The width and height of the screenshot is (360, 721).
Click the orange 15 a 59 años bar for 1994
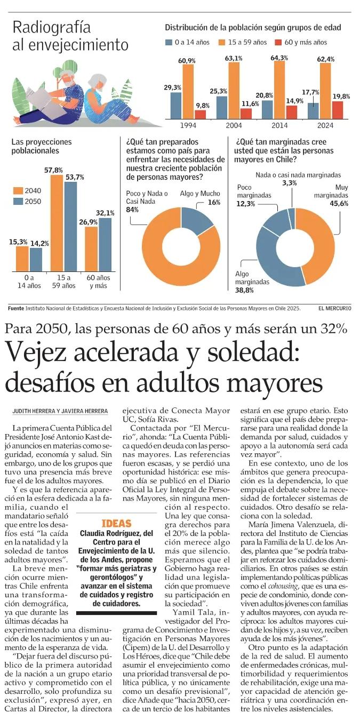coord(188,92)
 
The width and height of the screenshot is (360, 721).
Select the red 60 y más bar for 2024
coord(338,110)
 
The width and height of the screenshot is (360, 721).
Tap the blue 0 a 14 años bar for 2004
coord(222,108)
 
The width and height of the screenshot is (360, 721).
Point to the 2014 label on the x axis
coord(279,125)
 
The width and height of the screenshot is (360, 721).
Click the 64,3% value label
coord(279,58)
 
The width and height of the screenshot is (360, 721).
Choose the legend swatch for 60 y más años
coord(278,43)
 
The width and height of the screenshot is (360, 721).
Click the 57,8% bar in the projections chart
coord(57,223)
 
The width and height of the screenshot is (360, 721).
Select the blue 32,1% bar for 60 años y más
coord(105,245)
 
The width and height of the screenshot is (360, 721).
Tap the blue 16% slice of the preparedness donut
coord(195,221)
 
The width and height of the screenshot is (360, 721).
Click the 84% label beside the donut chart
coord(132,210)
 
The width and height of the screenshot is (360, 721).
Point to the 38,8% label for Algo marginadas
coord(244,290)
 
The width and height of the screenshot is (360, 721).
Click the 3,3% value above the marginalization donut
coord(290,183)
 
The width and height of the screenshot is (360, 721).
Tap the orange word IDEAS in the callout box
coord(117,523)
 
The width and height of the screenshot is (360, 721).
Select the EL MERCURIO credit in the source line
coord(335,308)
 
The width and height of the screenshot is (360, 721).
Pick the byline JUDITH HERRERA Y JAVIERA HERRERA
coord(60,411)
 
